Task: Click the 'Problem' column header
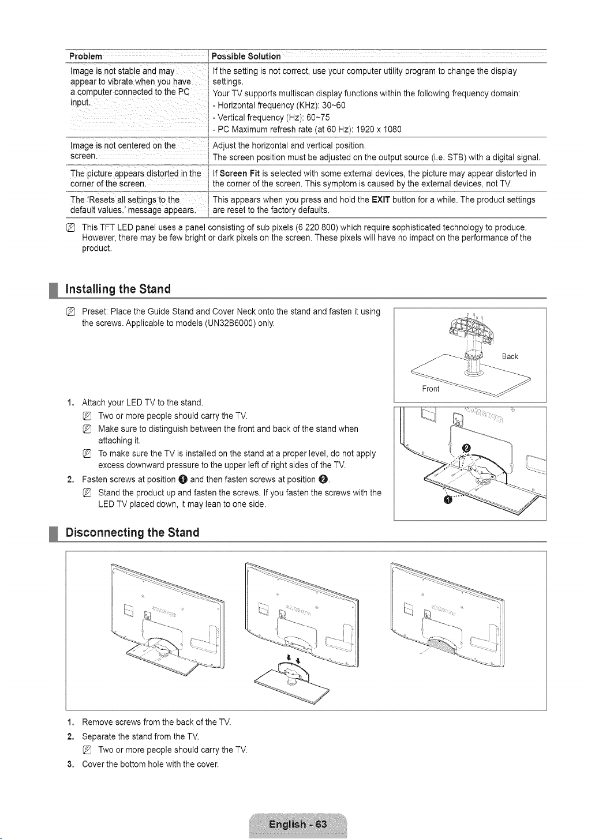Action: coord(86,57)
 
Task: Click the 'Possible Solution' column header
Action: coord(246,57)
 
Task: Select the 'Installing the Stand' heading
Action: coord(118,289)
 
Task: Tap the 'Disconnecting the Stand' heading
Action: coord(132,532)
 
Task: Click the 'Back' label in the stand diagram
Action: coord(510,356)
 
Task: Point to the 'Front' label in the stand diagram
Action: coord(431,389)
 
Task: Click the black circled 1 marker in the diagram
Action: coord(446,501)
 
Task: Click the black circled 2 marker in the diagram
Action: coord(466,448)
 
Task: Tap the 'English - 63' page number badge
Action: coord(298,824)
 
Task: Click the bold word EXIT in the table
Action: coord(381,200)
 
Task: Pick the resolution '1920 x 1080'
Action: coord(379,130)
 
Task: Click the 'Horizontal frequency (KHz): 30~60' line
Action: coord(279,106)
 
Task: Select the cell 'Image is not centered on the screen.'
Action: coord(123,151)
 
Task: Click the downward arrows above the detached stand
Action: coord(294,658)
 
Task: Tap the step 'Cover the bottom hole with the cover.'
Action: coord(150,764)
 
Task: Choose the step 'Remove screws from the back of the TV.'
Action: coord(156,722)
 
